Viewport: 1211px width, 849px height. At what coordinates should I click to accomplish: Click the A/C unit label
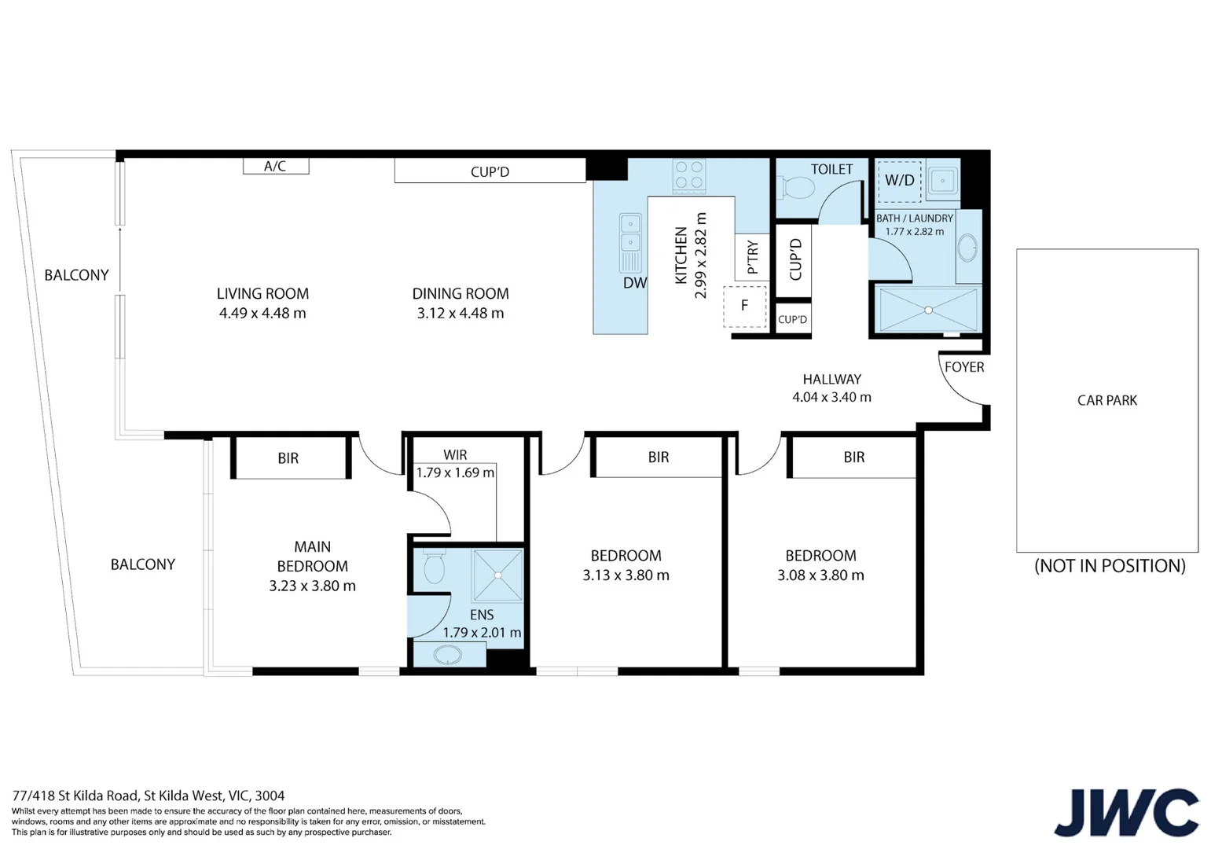click(275, 167)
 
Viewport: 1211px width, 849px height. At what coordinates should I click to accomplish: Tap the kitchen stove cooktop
click(689, 175)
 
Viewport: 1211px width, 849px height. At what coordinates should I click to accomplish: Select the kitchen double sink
click(630, 233)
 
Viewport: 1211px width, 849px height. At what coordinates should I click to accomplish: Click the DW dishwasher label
click(634, 283)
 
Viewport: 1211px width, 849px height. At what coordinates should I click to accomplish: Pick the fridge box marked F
click(744, 306)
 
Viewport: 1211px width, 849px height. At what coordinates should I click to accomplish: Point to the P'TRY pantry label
click(752, 256)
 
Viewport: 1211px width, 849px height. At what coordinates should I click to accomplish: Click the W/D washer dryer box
click(899, 181)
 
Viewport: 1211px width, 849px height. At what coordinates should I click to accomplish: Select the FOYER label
click(964, 367)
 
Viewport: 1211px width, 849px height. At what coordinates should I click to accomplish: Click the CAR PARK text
click(1106, 401)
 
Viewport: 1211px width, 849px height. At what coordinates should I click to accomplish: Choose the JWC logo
click(1126, 812)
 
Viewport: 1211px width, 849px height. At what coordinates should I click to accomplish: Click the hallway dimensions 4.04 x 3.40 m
click(831, 398)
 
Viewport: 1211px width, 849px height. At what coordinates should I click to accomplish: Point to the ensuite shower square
click(497, 575)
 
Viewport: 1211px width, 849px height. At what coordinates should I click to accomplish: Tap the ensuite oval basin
click(448, 654)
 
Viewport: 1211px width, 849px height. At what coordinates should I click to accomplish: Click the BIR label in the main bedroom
click(288, 458)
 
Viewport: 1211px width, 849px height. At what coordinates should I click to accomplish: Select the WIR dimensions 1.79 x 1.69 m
click(455, 472)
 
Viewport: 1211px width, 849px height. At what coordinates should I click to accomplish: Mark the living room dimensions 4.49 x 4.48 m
click(262, 314)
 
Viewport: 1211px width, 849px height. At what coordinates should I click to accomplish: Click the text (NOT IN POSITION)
click(1109, 566)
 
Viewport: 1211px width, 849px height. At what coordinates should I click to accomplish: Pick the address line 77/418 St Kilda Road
click(149, 796)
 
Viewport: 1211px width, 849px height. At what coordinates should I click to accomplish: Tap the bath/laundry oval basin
click(968, 248)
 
